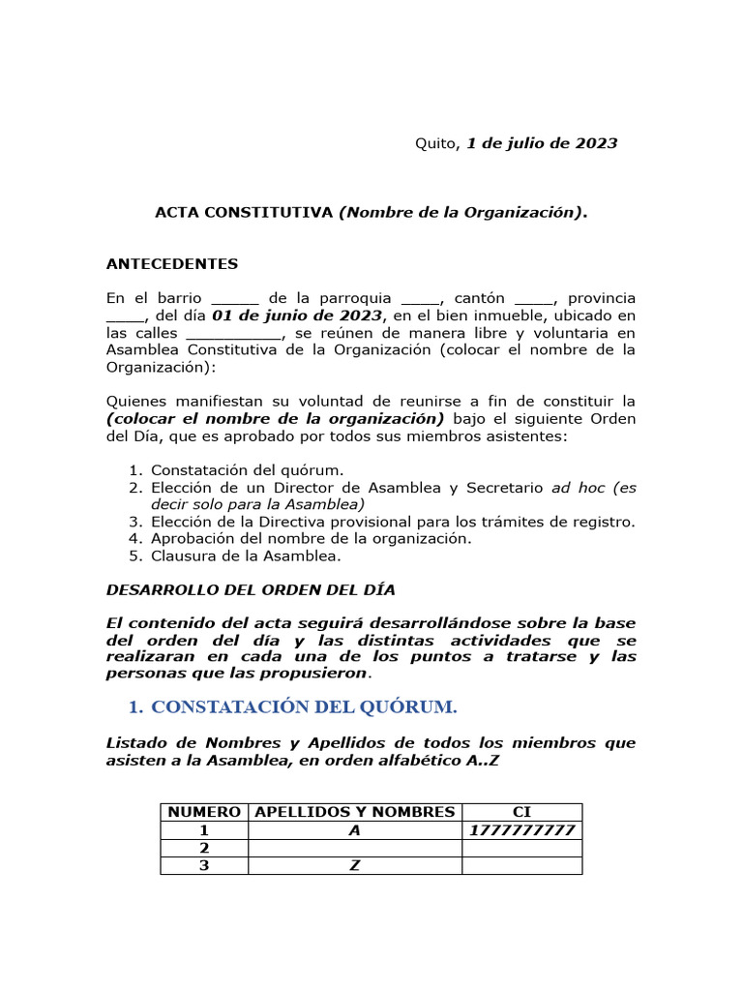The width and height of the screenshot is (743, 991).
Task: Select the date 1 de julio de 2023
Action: tap(542, 143)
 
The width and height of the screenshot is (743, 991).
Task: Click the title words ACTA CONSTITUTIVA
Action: tap(244, 213)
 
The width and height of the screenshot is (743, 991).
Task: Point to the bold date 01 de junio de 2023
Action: tap(298, 315)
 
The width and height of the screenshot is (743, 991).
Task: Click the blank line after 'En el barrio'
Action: tap(234, 300)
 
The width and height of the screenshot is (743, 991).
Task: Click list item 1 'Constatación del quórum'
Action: tap(247, 469)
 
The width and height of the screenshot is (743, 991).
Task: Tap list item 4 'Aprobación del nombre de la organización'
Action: tap(311, 539)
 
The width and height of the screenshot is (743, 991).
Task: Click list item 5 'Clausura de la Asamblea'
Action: tap(246, 556)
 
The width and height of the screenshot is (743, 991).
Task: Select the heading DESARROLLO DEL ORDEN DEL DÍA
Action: tap(250, 589)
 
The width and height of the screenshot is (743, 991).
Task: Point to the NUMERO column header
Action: tap(204, 812)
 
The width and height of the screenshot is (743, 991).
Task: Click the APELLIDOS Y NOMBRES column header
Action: tap(355, 812)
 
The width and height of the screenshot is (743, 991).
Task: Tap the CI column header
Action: tap(522, 812)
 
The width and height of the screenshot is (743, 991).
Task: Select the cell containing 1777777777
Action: tap(522, 830)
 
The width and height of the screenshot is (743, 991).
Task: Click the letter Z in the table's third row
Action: tap(355, 866)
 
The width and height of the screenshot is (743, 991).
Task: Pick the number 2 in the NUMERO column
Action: tap(204, 849)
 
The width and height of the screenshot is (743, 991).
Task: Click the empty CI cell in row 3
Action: tap(522, 866)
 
